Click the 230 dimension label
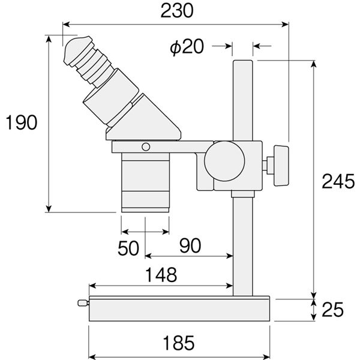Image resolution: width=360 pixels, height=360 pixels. pos(177,11)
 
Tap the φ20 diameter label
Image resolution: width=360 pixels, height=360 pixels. pos(187,47)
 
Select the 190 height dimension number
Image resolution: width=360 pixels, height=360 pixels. pos(21,122)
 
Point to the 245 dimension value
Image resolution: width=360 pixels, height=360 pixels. pos(338,181)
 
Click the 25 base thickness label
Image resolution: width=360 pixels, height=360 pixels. pos(332,309)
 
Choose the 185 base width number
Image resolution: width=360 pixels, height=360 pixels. pos(179,343)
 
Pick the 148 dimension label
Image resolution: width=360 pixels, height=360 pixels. pos(161,275)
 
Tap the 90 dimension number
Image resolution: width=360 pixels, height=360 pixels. pos(190,245)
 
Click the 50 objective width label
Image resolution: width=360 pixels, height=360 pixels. pos(128,248)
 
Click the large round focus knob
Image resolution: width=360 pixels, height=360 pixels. pos(224,161)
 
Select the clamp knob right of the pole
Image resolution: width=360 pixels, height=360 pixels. pos(281,166)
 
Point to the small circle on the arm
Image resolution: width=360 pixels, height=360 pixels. pos(146,147)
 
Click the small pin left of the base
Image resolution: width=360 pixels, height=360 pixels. pos(83,303)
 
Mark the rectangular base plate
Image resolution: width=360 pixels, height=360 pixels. pos(179,308)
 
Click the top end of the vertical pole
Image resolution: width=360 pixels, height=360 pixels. pos(242,61)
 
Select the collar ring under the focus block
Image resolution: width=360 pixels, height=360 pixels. pos(242,194)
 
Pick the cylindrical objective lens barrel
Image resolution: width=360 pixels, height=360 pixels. pos(145,182)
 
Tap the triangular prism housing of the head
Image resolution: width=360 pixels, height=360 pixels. pos(143,119)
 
